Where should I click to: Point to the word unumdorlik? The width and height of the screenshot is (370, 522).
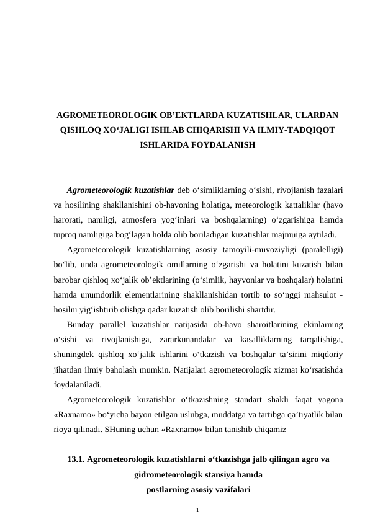tap(102, 294)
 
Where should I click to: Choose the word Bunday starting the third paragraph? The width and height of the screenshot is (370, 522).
tap(81, 324)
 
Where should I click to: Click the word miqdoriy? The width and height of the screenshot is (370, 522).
tap(327, 355)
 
